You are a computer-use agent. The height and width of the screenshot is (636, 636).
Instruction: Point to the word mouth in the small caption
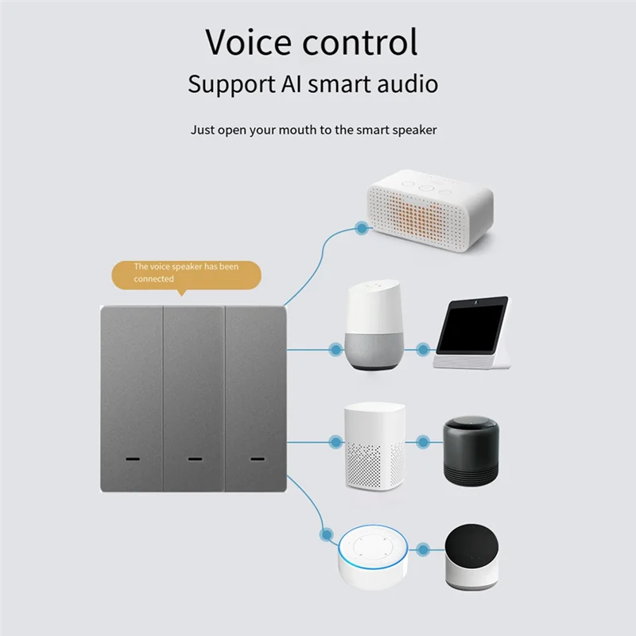pyautogui.click(x=295, y=130)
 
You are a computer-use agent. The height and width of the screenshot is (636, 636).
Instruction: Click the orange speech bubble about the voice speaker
pyautogui.click(x=185, y=273)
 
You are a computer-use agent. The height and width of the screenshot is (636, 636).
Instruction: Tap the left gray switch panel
pyautogui.click(x=132, y=397)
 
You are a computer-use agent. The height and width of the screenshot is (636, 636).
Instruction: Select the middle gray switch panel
pyautogui.click(x=193, y=397)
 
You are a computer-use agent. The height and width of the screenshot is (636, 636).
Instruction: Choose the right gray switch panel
pyautogui.click(x=255, y=397)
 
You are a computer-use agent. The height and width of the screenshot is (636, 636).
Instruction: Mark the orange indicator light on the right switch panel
pyautogui.click(x=256, y=460)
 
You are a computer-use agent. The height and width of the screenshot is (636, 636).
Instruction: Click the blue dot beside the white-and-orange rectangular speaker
pyautogui.click(x=362, y=228)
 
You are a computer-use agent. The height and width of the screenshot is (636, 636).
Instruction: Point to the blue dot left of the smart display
pyautogui.click(x=423, y=348)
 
